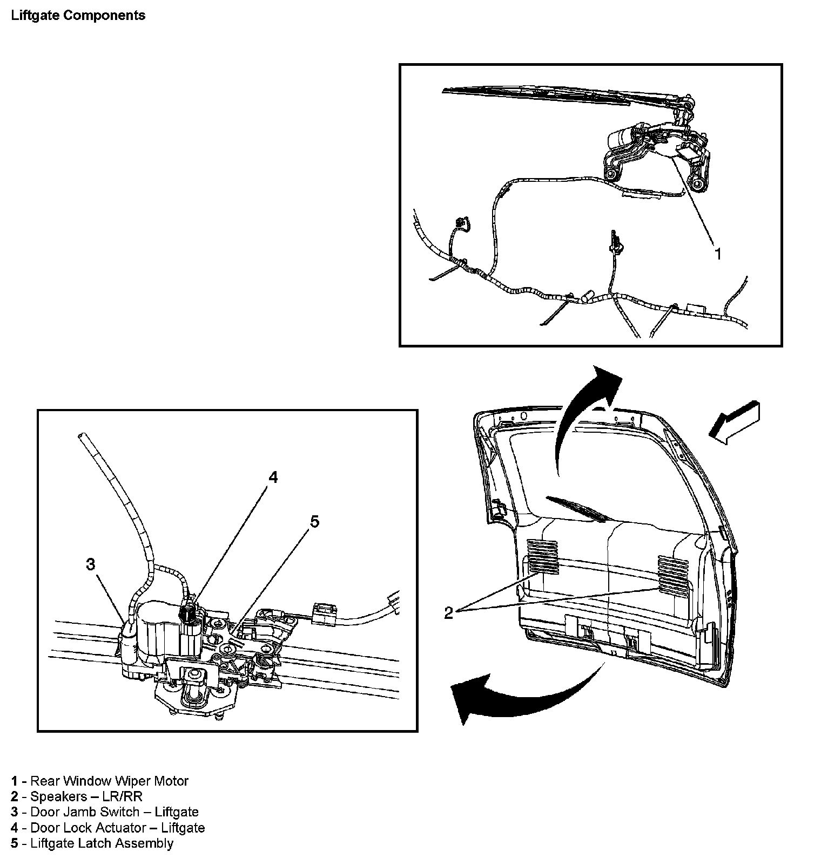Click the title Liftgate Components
click(x=78, y=15)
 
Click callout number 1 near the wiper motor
click(x=718, y=254)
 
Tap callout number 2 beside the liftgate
click(x=448, y=612)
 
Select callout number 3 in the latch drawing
click(x=91, y=564)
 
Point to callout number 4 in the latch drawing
click(x=273, y=477)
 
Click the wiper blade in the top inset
click(x=540, y=97)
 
